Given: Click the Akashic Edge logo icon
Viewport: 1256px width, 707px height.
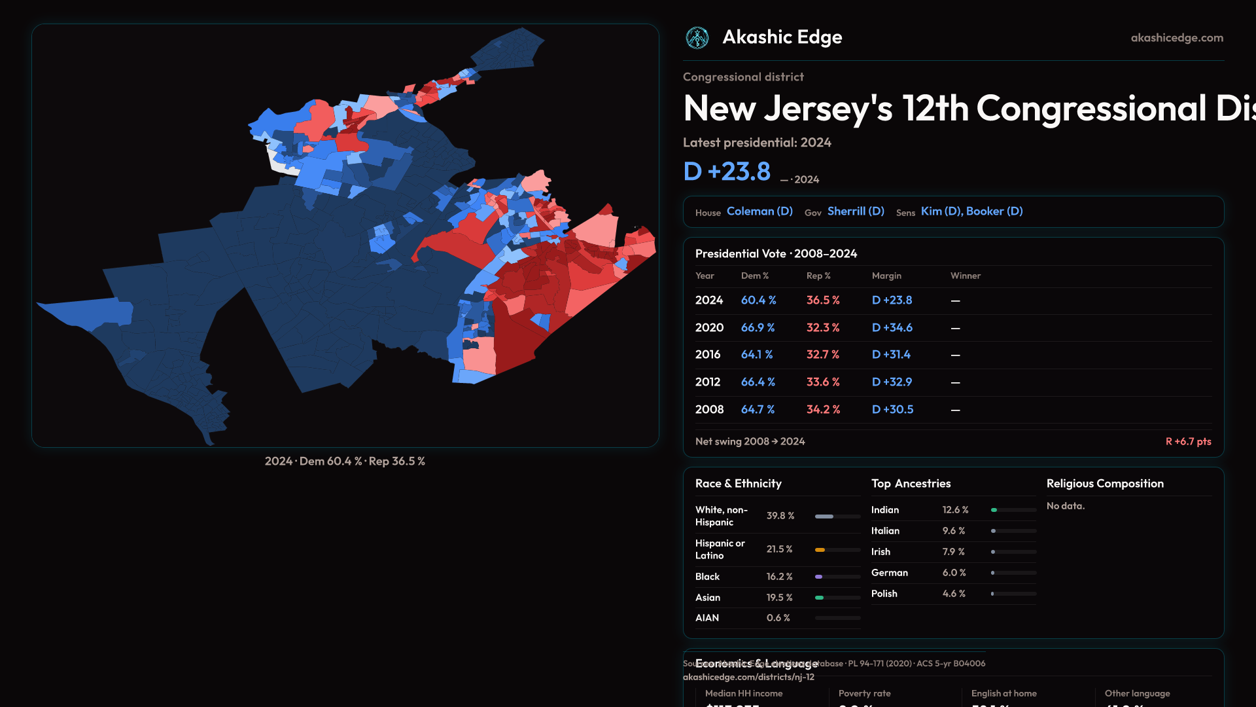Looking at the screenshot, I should (697, 38).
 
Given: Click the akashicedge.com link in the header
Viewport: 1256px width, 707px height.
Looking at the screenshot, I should (1177, 38).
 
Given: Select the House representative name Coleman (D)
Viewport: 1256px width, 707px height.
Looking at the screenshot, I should (759, 211).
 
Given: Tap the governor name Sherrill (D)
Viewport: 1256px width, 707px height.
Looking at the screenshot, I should (856, 211).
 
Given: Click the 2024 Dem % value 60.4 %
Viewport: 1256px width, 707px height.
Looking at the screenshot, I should (758, 300).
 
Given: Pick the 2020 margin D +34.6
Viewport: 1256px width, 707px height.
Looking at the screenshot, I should (892, 328).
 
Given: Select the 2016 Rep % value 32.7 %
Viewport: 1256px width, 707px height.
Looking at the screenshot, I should (822, 355).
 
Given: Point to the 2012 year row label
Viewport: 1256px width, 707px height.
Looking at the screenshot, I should (707, 382).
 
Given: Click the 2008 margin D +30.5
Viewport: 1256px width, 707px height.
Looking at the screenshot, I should (892, 410).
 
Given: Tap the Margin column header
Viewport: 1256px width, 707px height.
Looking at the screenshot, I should (886, 276).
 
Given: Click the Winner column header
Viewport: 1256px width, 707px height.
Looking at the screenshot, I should (965, 276).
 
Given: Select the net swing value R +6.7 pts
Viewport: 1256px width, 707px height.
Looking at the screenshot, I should (1188, 442).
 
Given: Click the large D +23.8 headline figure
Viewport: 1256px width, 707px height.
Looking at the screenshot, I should (727, 172).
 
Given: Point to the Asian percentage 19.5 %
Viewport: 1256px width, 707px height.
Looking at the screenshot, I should (779, 598).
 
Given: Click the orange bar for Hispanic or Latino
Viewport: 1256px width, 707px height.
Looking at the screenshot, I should (820, 550).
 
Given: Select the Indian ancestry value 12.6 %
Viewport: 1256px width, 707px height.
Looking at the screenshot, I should (955, 510).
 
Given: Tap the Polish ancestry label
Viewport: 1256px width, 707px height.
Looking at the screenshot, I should (884, 594).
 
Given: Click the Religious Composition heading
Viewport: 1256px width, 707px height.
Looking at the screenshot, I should (1105, 484).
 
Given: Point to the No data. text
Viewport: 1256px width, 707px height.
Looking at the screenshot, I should (1065, 506).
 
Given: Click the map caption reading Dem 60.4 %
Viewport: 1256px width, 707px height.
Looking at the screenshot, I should (330, 462).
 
